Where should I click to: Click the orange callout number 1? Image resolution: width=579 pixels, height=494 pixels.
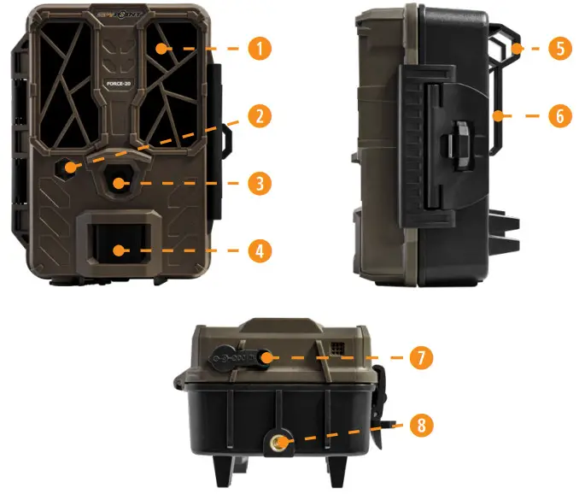[260, 48]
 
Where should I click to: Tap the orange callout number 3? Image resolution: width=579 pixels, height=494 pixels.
[260, 183]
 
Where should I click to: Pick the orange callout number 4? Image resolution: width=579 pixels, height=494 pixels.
[260, 251]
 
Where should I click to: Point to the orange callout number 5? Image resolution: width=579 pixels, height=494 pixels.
[559, 48]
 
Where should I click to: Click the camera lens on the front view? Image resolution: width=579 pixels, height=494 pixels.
[119, 182]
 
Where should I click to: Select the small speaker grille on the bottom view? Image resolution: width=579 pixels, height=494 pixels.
[339, 350]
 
